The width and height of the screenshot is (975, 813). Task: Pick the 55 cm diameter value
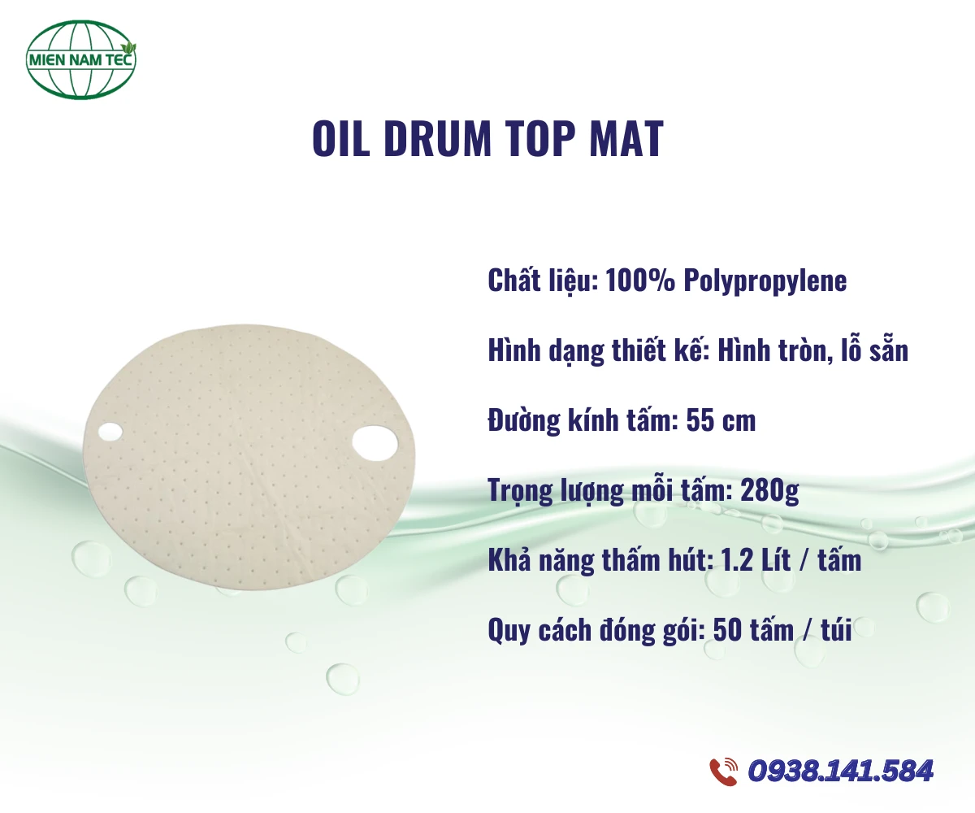click(x=721, y=421)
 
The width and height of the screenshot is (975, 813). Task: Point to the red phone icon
click(x=723, y=771)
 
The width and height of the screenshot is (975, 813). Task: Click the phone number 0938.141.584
click(x=841, y=771)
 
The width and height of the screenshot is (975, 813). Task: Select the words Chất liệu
click(x=540, y=280)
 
